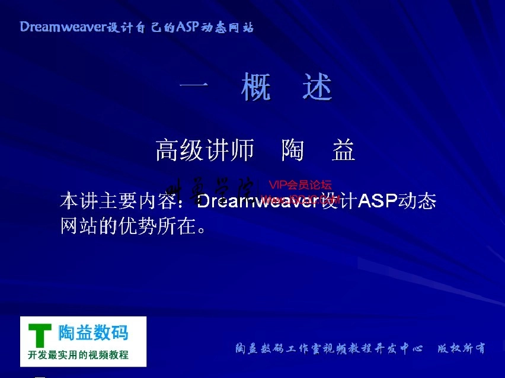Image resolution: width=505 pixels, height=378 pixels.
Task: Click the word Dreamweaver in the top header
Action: click(x=61, y=27)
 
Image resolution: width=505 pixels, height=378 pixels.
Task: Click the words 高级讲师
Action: click(x=204, y=151)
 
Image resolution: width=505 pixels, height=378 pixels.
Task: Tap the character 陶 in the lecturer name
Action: click(x=293, y=151)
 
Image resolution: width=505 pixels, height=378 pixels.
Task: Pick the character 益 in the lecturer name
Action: click(x=343, y=151)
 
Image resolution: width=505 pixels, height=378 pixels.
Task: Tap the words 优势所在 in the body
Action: click(x=156, y=226)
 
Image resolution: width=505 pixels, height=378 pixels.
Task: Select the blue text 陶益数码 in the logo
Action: click(x=93, y=333)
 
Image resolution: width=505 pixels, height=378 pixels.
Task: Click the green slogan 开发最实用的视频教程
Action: click(x=78, y=355)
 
